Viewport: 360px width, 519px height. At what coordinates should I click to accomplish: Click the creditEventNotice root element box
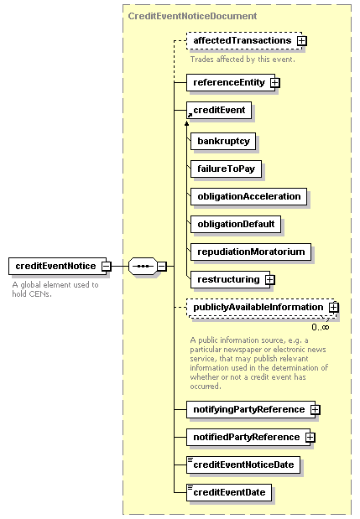tap(58, 266)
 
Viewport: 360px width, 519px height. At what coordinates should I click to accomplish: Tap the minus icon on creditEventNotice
tap(107, 266)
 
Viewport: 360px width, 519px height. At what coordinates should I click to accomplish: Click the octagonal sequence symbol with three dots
tap(143, 266)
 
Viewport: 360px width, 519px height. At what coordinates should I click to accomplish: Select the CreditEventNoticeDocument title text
tap(192, 16)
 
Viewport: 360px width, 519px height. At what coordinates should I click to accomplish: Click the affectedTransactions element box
tap(244, 41)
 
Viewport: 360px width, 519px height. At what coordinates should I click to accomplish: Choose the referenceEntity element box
tap(231, 82)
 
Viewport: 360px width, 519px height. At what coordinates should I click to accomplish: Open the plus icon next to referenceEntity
tap(275, 82)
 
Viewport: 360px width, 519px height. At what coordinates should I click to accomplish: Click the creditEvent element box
tap(219, 110)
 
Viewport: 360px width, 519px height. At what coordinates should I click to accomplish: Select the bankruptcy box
tap(223, 142)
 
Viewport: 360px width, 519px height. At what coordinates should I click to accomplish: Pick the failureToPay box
tap(227, 169)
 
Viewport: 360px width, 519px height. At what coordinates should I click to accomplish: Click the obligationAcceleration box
tap(248, 196)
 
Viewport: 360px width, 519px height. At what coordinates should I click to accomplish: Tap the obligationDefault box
tap(236, 225)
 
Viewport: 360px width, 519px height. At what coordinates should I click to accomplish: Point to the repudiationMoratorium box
tap(251, 252)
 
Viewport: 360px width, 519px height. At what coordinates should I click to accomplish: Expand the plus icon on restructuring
tap(270, 280)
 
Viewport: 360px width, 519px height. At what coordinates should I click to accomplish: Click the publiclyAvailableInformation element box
tap(261, 308)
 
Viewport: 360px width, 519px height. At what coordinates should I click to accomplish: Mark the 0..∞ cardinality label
tap(321, 327)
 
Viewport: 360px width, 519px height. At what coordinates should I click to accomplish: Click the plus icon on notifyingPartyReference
tap(315, 410)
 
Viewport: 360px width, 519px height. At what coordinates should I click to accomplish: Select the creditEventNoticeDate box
tap(243, 465)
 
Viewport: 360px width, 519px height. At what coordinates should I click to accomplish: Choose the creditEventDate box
tap(229, 492)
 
